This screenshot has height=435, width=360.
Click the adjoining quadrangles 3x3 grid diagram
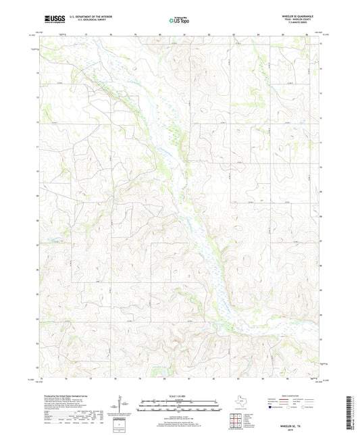click(x=238, y=419)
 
